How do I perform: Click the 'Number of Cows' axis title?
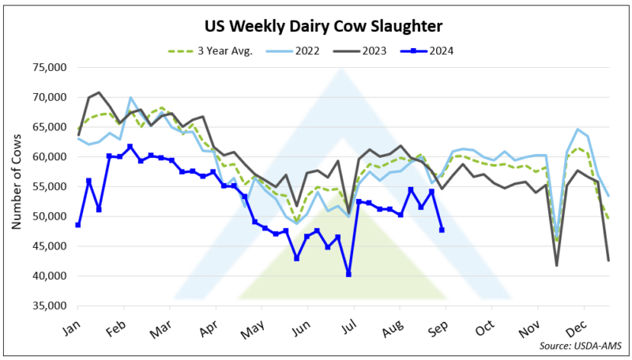coord(16,187)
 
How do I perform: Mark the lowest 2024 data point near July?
coord(348,274)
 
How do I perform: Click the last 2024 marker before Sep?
coord(442,230)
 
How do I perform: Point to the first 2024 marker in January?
coord(78,225)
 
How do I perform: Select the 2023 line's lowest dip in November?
coord(557,265)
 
